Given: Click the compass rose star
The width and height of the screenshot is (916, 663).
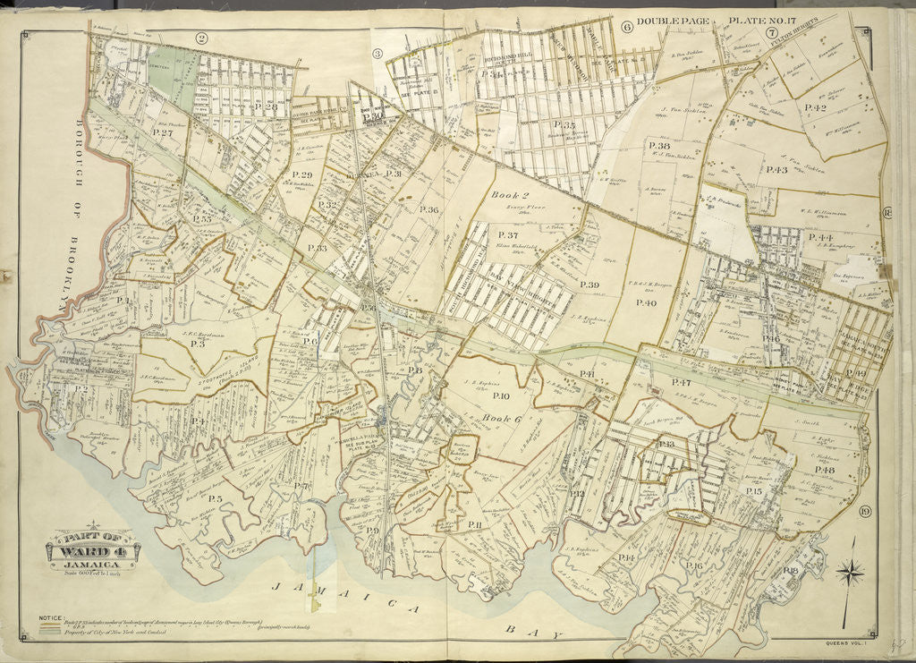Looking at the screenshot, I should (x=851, y=570).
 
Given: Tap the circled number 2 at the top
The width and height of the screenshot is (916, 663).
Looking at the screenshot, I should (x=201, y=38).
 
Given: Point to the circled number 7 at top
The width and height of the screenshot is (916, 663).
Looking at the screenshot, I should (x=770, y=33).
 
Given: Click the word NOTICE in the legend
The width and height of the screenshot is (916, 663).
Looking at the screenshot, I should (x=51, y=618).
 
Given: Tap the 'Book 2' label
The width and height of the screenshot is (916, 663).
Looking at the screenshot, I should (x=504, y=192).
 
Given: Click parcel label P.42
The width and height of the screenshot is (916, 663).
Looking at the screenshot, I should (x=814, y=107).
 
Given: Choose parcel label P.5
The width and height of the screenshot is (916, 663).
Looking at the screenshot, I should (x=216, y=498).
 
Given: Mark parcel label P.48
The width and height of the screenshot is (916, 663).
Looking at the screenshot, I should (x=824, y=470).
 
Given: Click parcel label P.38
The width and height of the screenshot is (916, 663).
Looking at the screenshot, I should (x=658, y=145).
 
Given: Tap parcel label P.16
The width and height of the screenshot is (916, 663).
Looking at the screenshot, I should (x=693, y=565).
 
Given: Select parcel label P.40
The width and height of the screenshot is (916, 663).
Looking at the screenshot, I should (x=646, y=303).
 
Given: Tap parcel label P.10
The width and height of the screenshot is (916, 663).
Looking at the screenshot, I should (x=501, y=395).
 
